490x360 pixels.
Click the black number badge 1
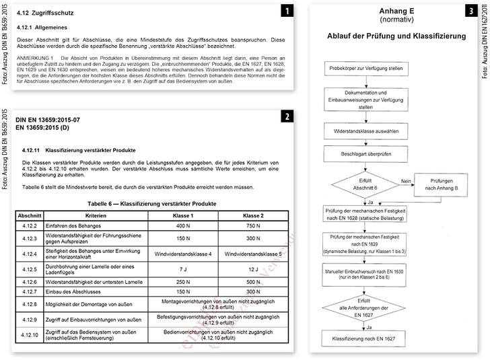click(x=287, y=11)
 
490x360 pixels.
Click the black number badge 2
click(x=287, y=116)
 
